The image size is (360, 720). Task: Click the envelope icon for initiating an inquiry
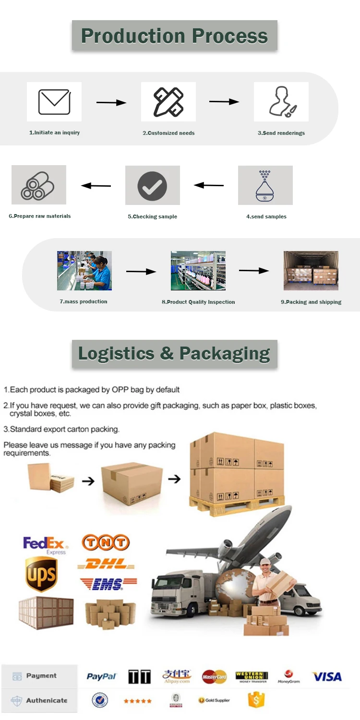[x=54, y=102]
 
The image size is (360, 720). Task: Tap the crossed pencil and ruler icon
[x=168, y=102]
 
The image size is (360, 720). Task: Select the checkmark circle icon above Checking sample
[x=152, y=186]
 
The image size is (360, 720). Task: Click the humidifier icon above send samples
[x=265, y=185]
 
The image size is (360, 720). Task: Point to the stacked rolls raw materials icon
[x=38, y=186]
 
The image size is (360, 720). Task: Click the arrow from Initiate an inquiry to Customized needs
[x=111, y=102]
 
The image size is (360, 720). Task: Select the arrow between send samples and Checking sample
[x=209, y=185]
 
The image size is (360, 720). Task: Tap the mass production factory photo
[x=84, y=270]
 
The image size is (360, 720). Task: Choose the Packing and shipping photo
[x=311, y=270]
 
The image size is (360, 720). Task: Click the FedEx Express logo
[x=45, y=545]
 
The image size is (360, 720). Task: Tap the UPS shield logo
[x=41, y=574]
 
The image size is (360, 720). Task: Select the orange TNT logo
[x=106, y=543]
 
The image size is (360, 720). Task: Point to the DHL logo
[x=107, y=564]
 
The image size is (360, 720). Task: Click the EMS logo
[x=108, y=583]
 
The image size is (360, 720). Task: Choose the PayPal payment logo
[x=102, y=676]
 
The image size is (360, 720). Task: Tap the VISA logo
[x=327, y=676]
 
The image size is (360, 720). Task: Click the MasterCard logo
[x=214, y=677]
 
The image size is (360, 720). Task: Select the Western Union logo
[x=252, y=676]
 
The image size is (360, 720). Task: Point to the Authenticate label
[x=47, y=700]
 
